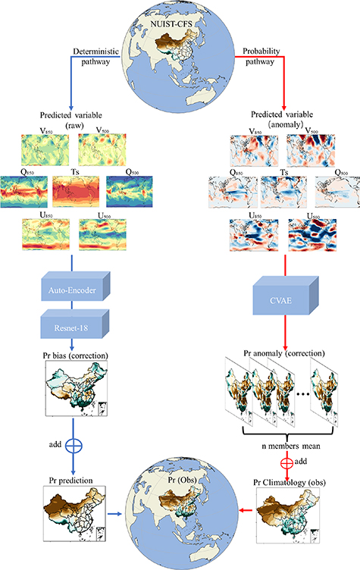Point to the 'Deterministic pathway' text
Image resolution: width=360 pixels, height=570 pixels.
click(x=98, y=57)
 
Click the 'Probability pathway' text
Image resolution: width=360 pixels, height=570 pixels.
click(x=261, y=57)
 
